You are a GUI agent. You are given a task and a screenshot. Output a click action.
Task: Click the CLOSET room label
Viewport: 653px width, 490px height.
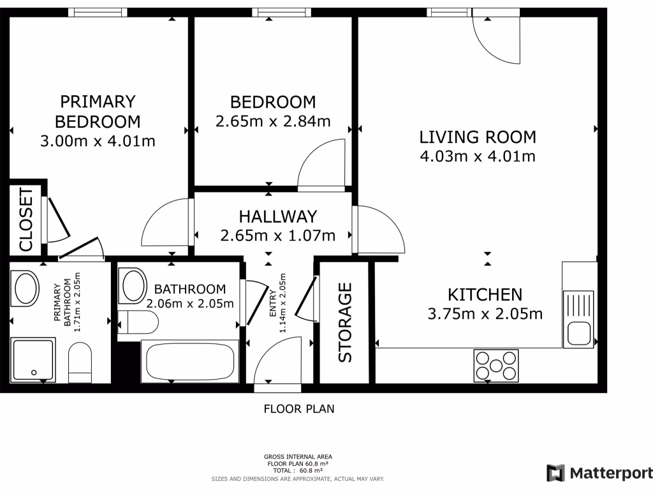point(26,219)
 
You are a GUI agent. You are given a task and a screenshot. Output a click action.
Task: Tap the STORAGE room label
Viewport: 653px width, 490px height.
point(345,322)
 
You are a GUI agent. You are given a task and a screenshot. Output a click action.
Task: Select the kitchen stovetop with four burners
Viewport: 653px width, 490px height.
point(496,366)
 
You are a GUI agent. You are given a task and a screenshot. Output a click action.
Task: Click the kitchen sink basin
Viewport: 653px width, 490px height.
point(578,334)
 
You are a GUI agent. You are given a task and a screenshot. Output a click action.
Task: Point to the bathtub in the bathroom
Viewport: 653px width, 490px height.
point(190,361)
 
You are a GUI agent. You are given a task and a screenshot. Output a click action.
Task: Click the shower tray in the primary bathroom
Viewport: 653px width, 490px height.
point(33,360)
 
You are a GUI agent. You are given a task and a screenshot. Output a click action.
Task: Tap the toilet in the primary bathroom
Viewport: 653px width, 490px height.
point(80,362)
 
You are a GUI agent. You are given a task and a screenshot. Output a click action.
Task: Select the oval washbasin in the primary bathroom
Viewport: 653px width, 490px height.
point(26,288)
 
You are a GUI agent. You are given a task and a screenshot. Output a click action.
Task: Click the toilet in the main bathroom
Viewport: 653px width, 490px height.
point(138,322)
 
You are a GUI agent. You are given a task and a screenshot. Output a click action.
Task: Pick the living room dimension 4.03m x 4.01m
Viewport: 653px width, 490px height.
point(478,157)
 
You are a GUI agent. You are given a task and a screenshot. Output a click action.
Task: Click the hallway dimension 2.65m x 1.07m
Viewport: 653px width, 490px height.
point(278,236)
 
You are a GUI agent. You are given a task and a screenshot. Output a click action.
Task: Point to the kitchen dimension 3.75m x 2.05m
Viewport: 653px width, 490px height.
point(485,314)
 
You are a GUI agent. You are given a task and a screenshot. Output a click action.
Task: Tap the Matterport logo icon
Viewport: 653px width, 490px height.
point(555,473)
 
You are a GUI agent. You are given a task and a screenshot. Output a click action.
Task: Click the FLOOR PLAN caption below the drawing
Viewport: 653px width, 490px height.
point(299,409)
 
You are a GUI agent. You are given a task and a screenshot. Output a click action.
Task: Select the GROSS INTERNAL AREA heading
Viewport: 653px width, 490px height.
point(298,457)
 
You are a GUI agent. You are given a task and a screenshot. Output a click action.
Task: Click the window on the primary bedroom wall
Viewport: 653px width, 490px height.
point(98,13)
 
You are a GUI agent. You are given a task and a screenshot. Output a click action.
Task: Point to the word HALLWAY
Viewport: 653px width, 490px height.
point(278,217)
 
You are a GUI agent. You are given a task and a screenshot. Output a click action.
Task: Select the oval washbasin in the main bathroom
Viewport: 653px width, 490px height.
point(133,285)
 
